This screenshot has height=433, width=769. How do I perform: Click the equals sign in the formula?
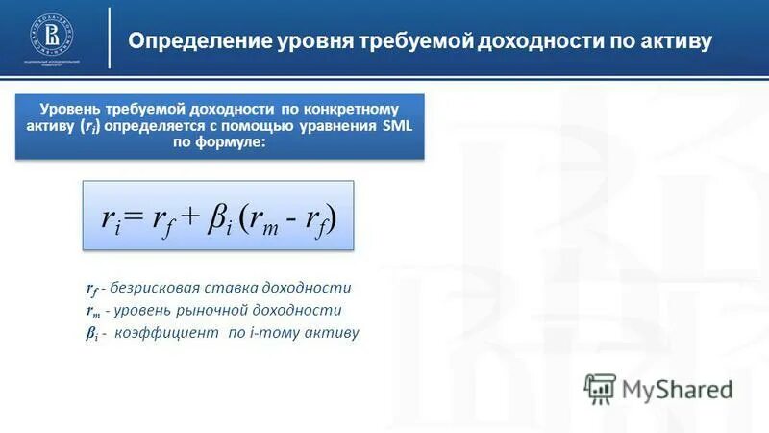[x=132, y=216]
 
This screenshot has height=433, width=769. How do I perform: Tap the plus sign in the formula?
[x=188, y=216]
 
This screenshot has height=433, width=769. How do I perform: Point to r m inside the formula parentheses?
[x=262, y=218]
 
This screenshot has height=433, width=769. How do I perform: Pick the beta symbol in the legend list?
[x=90, y=333]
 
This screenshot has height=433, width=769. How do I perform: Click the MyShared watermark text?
[x=677, y=389]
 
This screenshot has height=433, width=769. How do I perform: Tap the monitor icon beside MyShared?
[x=601, y=389]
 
